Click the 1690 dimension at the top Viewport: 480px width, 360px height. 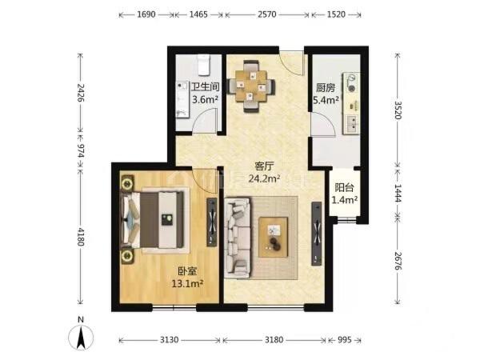(x=146, y=14)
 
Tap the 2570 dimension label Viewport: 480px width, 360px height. (x=267, y=14)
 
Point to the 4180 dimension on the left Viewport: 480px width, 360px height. (x=81, y=237)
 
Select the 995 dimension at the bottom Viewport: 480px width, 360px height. (x=344, y=340)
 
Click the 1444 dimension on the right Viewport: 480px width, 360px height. (x=398, y=193)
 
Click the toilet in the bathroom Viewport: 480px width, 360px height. (x=203, y=65)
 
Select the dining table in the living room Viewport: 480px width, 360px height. (x=252, y=86)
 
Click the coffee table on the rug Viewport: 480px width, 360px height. (x=274, y=238)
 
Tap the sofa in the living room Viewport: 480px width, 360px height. (x=238, y=238)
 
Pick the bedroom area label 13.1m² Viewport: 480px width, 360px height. (x=187, y=284)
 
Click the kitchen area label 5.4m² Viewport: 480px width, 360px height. (x=326, y=100)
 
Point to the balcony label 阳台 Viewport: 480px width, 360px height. (x=344, y=187)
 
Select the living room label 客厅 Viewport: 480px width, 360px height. (x=264, y=166)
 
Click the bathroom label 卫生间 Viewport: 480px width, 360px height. (x=206, y=87)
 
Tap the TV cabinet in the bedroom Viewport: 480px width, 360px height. (x=212, y=222)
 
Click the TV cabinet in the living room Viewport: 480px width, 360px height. (x=317, y=234)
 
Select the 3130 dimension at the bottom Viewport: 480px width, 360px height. (x=170, y=340)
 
